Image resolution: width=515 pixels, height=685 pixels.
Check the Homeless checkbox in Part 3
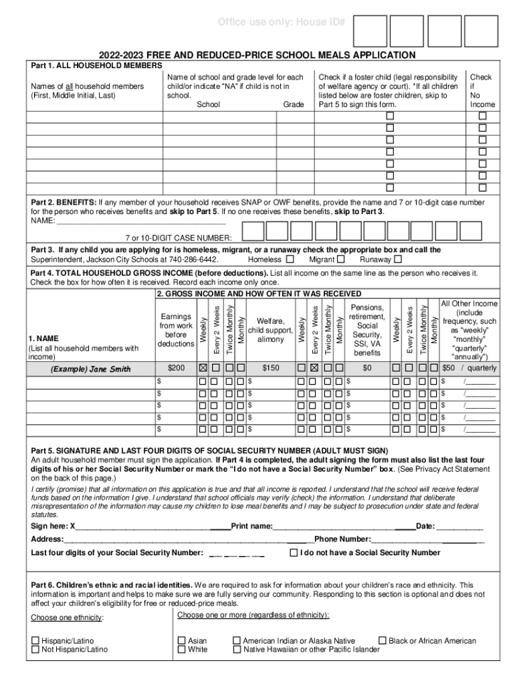pyautogui.click(x=290, y=260)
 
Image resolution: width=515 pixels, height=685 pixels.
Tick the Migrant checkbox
pyautogui.click(x=341, y=260)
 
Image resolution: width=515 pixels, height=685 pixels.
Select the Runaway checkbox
pyautogui.click(x=398, y=260)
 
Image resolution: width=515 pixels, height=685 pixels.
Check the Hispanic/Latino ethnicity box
pyautogui.click(x=35, y=641)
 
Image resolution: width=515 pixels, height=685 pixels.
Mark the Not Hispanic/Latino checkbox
pyautogui.click(x=35, y=650)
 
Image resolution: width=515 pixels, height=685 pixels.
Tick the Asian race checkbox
pyautogui.click(x=181, y=641)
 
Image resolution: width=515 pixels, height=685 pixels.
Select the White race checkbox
pyautogui.click(x=181, y=650)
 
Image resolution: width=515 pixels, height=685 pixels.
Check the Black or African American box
pyautogui.click(x=383, y=641)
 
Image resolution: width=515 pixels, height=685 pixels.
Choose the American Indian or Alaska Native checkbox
pyautogui.click(x=236, y=641)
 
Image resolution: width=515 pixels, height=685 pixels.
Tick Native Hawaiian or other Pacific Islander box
pyautogui.click(x=236, y=650)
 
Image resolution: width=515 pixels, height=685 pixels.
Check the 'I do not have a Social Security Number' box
pyautogui.click(x=294, y=553)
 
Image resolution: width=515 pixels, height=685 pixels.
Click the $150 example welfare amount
pyautogui.click(x=270, y=368)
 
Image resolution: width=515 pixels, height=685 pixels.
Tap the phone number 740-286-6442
pyautogui.click(x=189, y=260)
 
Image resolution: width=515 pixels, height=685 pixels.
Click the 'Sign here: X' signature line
pyautogui.click(x=134, y=526)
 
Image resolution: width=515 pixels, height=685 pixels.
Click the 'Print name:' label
pyautogui.click(x=251, y=526)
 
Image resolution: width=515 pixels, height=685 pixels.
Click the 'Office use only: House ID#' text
pyautogui.click(x=282, y=23)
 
